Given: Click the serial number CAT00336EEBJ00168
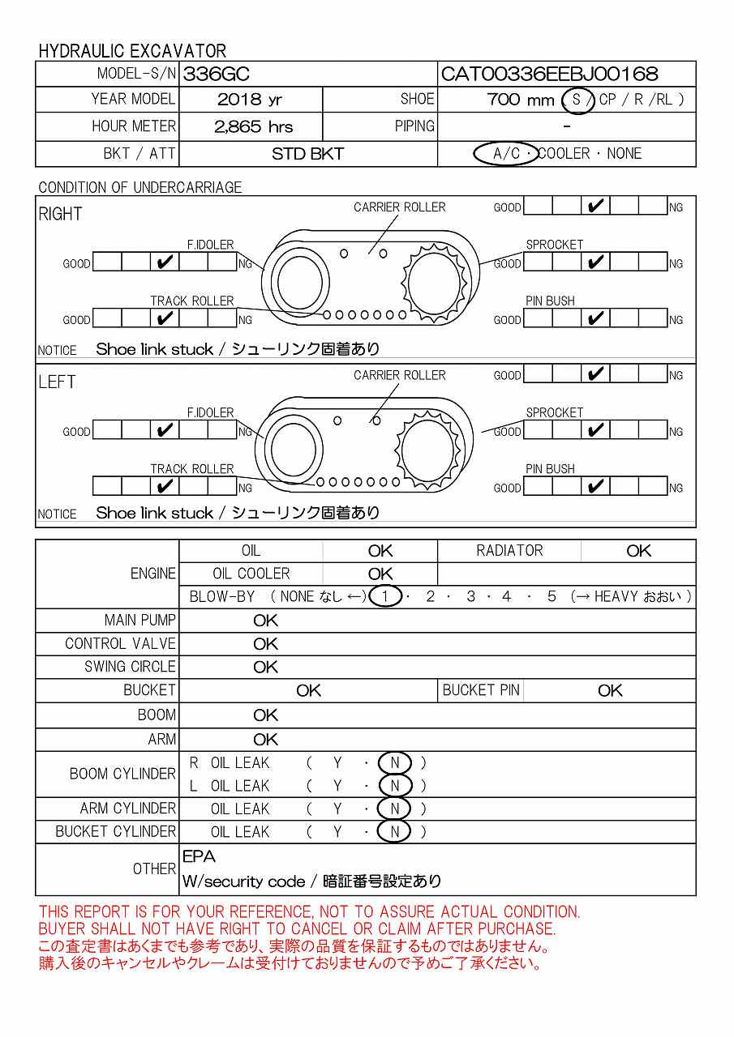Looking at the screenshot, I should point(549,75).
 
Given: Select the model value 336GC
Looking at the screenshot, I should point(217,75).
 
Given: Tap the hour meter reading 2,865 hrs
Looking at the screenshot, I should point(253,126).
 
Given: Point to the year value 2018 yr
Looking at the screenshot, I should point(250,100).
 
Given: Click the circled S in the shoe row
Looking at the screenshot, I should point(577,100).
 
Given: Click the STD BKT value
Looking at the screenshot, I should point(307,154).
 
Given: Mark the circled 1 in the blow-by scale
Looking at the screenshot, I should point(386,597).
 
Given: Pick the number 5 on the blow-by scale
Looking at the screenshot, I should point(552,597).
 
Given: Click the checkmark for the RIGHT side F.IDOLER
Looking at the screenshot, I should point(165,262).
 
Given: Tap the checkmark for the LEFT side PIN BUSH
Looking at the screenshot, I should point(596,487).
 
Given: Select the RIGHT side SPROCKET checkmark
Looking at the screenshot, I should point(596,262).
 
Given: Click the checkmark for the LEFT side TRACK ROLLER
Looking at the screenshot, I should point(165,487).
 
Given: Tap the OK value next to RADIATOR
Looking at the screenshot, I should point(638,551).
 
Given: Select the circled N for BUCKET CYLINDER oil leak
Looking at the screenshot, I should point(395,831).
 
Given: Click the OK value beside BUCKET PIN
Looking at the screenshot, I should point(610,690).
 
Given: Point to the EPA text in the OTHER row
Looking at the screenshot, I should point(199,856).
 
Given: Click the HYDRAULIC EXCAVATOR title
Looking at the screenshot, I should point(132,50).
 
